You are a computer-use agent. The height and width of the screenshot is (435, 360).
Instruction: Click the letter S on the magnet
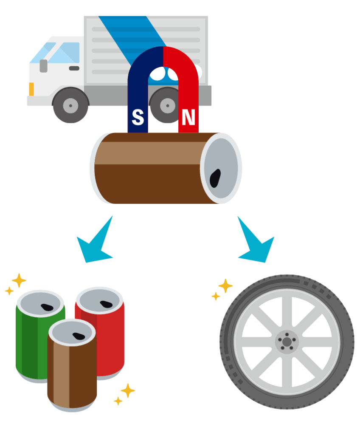click(x=138, y=118)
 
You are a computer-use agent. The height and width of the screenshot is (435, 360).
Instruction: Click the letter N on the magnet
click(x=188, y=118)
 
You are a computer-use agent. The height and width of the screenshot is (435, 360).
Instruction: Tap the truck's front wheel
click(x=70, y=105)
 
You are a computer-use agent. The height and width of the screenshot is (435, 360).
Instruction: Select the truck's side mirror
click(x=43, y=66)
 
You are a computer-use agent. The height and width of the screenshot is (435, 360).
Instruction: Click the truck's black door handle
click(x=74, y=68)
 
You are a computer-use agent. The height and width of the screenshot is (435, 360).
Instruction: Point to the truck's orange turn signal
click(x=31, y=89)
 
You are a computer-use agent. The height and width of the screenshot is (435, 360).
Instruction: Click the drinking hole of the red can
click(x=106, y=304)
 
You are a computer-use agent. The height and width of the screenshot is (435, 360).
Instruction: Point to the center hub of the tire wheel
click(x=287, y=342)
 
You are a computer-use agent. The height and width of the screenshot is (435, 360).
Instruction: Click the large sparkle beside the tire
click(x=225, y=285)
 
